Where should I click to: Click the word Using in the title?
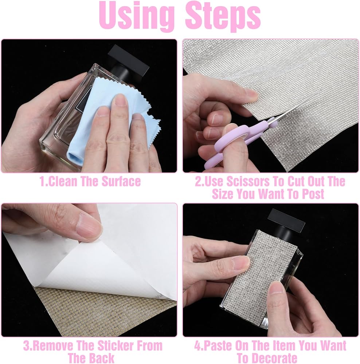(137, 16)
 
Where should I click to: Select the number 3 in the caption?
(27, 346)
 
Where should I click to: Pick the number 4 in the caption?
(198, 346)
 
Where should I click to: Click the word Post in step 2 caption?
(313, 194)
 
